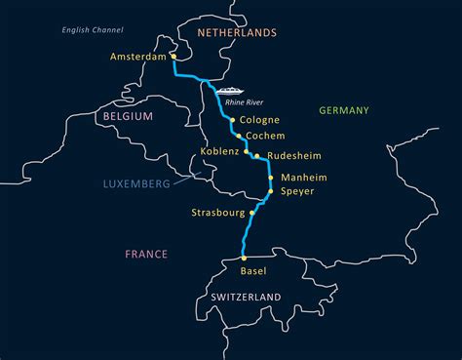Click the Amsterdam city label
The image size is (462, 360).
point(138,58)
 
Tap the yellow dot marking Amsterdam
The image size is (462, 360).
point(173,57)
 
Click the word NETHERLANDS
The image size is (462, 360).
point(237,32)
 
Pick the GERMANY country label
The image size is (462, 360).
point(344,110)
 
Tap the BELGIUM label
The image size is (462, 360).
point(128,116)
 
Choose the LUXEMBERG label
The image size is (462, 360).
point(136,183)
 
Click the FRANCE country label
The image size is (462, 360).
point(146,255)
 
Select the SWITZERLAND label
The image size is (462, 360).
point(246,297)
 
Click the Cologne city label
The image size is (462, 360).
point(259,121)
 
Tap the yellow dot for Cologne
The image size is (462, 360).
point(231,120)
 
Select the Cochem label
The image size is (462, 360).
point(266,137)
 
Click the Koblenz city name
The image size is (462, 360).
point(219,152)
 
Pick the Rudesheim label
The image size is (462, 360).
point(293,156)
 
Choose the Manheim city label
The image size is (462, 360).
point(303,178)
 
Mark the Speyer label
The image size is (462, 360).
point(297,192)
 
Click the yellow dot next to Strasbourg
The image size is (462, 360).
point(252,213)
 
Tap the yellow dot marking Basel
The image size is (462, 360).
point(244,259)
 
